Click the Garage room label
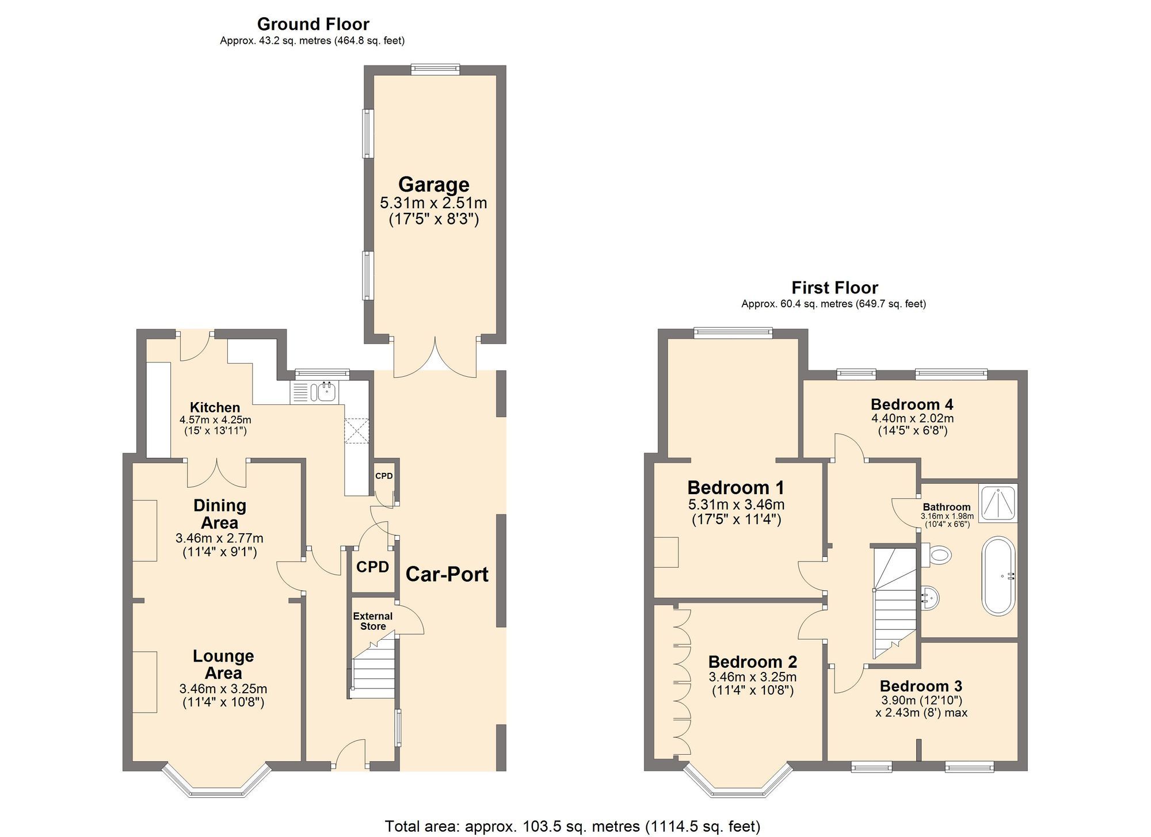pos(434,185)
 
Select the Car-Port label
pos(447,574)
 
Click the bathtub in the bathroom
pos(998,576)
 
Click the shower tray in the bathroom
pos(998,503)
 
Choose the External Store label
pos(373,621)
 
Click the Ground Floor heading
pos(313,24)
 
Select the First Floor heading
pos(834,288)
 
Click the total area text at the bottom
pos(573,827)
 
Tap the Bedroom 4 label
pos(912,404)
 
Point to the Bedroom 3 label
pos(921,686)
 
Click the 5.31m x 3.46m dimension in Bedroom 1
pos(736,505)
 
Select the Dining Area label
pos(220,514)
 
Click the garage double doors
pos(435,360)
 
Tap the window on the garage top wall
pos(436,70)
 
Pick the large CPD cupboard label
pos(372,567)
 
